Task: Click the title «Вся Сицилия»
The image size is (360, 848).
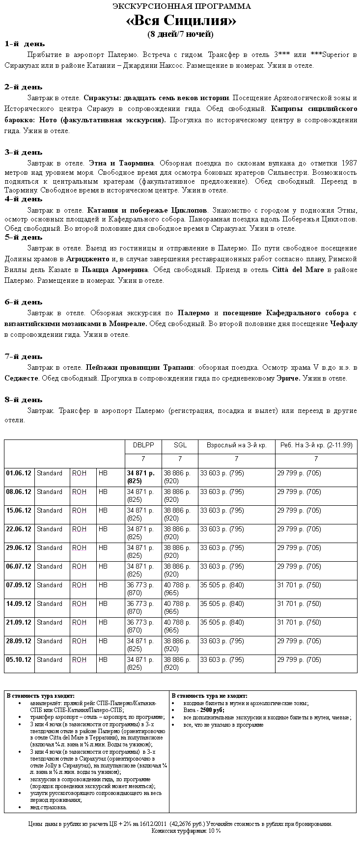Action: click(181, 21)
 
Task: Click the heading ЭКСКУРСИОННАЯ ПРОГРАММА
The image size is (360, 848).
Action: click(181, 6)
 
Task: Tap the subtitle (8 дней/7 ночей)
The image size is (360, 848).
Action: click(180, 34)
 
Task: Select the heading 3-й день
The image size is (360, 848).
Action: click(24, 152)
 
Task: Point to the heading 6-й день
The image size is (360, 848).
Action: click(24, 302)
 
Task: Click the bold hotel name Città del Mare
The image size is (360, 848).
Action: click(298, 270)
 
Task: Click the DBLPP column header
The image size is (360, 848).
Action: click(143, 445)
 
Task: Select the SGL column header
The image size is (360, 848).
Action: click(180, 445)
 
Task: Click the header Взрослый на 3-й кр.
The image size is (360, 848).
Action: click(236, 445)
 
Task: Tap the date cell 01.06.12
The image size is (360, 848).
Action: click(19, 473)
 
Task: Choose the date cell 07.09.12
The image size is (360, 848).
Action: click(19, 585)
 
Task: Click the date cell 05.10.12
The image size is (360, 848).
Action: click(19, 660)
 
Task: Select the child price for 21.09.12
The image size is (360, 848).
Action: click(299, 623)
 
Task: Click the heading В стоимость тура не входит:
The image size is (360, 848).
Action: click(209, 696)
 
